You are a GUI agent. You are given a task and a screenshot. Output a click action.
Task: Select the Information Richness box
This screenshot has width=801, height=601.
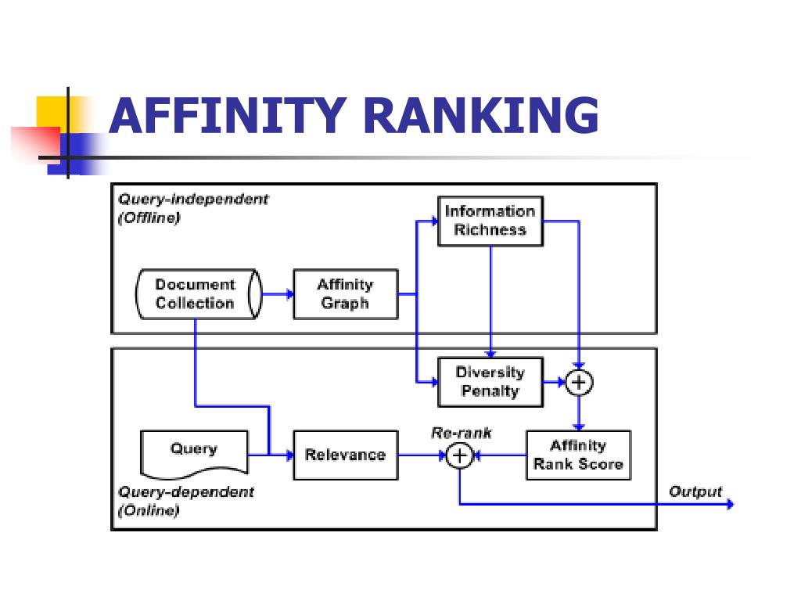click(490, 221)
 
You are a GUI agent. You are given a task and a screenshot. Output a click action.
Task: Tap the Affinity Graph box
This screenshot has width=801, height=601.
click(346, 294)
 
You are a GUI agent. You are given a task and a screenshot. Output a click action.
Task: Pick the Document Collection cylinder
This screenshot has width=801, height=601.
click(199, 294)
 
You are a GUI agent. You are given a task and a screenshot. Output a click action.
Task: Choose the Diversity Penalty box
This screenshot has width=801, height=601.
click(490, 382)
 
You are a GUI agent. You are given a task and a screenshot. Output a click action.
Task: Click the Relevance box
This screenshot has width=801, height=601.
click(346, 455)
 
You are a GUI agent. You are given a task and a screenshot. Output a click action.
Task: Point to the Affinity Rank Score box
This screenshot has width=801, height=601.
click(579, 455)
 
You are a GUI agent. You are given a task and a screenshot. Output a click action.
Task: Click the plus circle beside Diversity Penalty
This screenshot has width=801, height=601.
click(579, 382)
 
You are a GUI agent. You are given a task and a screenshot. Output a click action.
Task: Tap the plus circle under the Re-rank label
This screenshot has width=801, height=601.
click(460, 455)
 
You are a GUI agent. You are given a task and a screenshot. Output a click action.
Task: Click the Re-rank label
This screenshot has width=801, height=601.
click(462, 433)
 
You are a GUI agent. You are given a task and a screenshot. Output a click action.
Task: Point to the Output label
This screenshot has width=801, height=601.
click(695, 491)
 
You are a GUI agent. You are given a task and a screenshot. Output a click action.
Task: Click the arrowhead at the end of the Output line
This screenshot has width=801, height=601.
click(731, 505)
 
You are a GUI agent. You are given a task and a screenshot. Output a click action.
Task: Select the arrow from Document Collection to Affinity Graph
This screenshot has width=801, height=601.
click(278, 294)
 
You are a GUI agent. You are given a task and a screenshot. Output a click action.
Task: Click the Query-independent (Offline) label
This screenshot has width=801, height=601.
click(193, 208)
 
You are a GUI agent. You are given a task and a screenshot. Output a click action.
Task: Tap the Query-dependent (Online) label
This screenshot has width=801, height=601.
click(186, 502)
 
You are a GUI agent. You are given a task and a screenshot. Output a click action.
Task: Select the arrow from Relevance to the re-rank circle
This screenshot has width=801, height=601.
click(422, 455)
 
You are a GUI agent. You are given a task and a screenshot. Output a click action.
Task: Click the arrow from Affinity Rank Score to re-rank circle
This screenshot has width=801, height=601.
click(500, 455)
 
